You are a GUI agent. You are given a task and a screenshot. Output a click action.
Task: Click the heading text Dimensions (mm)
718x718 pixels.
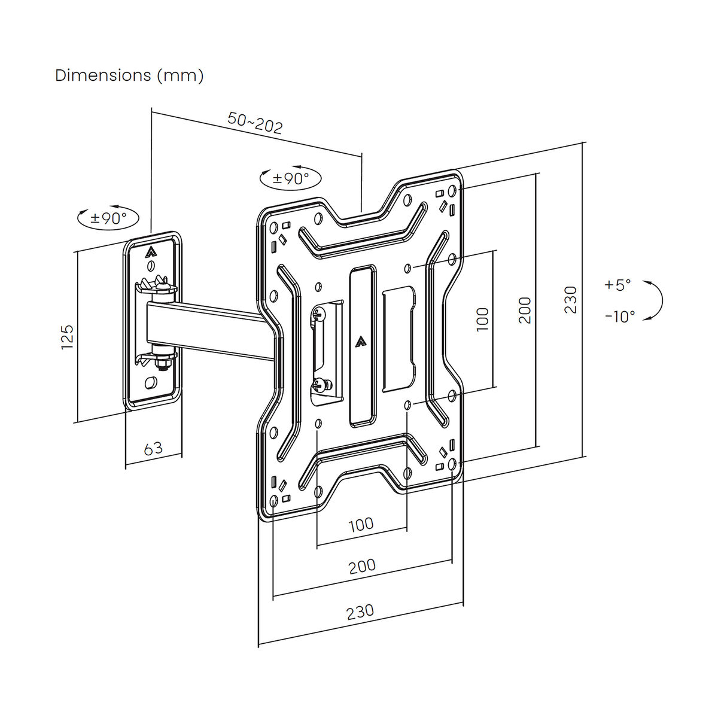[x=129, y=76]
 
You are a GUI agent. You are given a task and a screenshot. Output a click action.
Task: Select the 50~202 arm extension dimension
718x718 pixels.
[x=255, y=123]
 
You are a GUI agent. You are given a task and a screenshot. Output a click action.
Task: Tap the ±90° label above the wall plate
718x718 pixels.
[x=108, y=218]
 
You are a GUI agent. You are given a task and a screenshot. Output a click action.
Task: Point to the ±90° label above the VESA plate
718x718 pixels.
[x=291, y=178]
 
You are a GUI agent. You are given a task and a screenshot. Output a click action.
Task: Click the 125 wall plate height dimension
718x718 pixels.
[x=67, y=337]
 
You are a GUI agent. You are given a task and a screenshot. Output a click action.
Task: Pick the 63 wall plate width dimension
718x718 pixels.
[x=153, y=448]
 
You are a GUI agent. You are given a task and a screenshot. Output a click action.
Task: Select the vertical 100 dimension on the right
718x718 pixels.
[x=483, y=319]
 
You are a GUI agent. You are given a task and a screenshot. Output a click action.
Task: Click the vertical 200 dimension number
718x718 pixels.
[x=525, y=310]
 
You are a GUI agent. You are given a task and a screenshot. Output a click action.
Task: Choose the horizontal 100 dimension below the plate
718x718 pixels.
[x=361, y=525]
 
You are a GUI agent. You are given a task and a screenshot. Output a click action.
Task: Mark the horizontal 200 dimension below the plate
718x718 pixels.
[x=362, y=566]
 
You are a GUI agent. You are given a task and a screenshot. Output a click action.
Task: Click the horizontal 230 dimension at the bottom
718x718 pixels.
[x=360, y=611]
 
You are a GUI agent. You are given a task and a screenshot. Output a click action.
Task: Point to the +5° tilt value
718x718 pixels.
[x=618, y=285]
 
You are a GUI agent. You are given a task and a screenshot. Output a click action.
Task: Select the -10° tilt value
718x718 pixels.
[x=619, y=317]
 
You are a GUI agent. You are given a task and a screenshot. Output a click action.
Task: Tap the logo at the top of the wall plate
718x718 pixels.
[x=150, y=252]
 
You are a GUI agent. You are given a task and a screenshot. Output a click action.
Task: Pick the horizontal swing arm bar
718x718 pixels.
[x=209, y=329]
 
